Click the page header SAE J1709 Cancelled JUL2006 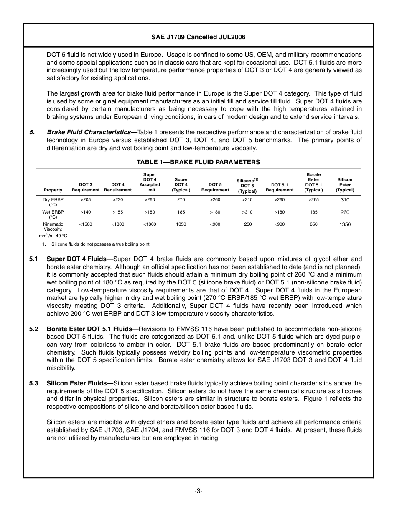pyautogui.click(x=198, y=37)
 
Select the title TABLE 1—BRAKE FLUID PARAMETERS pyautogui.click(x=198, y=162)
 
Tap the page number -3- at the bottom pyautogui.click(x=198, y=491)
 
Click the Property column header pyautogui.click(x=53, y=190)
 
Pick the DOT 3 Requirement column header pyautogui.click(x=86, y=187)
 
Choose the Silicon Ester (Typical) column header pyautogui.click(x=345, y=185)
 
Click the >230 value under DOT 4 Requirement pyautogui.click(x=118, y=200)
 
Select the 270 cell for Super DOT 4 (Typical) pyautogui.click(x=181, y=200)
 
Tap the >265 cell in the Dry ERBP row pyautogui.click(x=313, y=200)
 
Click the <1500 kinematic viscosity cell pyautogui.click(x=86, y=224)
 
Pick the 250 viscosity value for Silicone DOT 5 pyautogui.click(x=248, y=224)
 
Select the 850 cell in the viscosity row pyautogui.click(x=313, y=224)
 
